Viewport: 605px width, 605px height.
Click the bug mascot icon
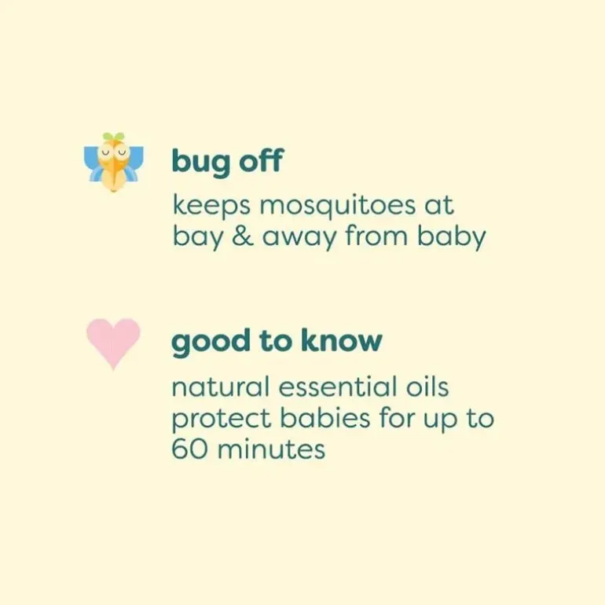(x=113, y=163)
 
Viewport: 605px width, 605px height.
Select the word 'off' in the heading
(x=261, y=159)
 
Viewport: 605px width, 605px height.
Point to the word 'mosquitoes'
(x=338, y=206)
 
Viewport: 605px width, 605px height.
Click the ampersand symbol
(x=243, y=236)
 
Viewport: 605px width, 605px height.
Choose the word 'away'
(x=299, y=238)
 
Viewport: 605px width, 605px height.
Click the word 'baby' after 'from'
(x=452, y=236)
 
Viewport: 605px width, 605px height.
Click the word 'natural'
(x=220, y=387)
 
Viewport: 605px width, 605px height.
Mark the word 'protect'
(x=222, y=420)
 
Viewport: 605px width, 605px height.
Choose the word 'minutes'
(x=272, y=449)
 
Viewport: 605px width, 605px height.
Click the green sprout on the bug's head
(x=114, y=137)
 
